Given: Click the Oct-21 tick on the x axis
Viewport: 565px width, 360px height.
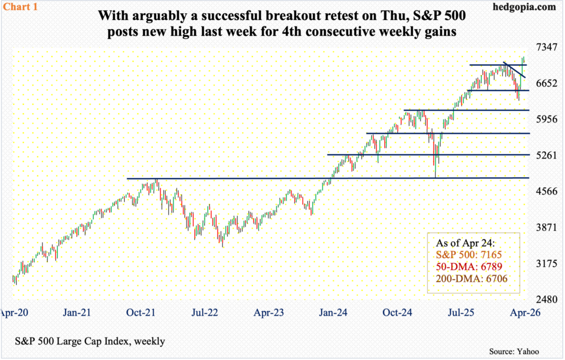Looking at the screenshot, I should pyautogui.click(x=141, y=313).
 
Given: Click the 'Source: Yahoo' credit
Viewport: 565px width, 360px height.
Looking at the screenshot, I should pyautogui.click(x=514, y=351).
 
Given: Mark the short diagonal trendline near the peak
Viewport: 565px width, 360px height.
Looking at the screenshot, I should pyautogui.click(x=514, y=70).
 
